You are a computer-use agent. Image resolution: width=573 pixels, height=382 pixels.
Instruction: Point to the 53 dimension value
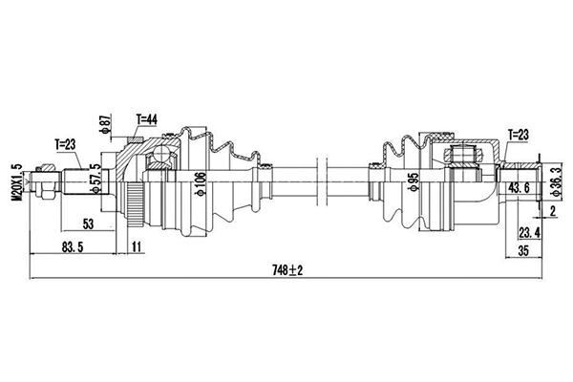coord(87,223)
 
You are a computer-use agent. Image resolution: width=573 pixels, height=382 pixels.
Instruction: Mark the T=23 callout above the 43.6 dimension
coord(517,137)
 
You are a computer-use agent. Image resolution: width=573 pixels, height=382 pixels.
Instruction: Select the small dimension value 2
coord(552,209)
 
